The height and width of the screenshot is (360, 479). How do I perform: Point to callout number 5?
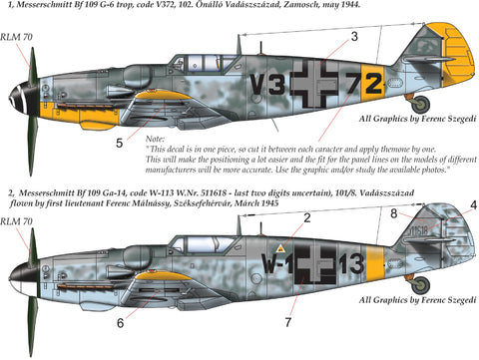pyautogui.click(x=119, y=144)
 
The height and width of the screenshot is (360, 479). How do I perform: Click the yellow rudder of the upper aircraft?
pyautogui.click(x=455, y=60)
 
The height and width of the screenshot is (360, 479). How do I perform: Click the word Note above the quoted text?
pyautogui.click(x=156, y=140)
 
